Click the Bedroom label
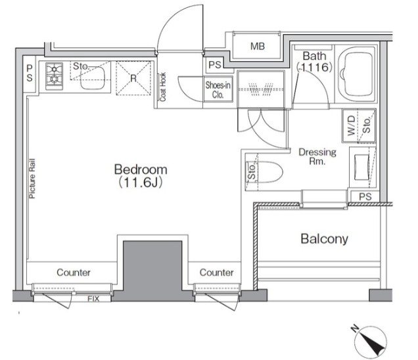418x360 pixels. (x=141, y=169)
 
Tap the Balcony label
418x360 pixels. (x=325, y=238)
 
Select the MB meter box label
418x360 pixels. (x=258, y=47)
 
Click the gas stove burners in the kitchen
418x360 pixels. (x=55, y=76)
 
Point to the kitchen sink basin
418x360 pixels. (x=92, y=78)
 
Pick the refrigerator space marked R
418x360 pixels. (x=133, y=78)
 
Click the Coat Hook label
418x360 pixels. (x=162, y=87)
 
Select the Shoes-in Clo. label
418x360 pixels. (x=218, y=90)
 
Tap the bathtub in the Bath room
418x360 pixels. (x=356, y=75)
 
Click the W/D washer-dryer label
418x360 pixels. (x=352, y=125)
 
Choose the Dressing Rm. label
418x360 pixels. (x=317, y=156)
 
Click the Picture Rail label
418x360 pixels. (x=32, y=179)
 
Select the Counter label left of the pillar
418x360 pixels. (x=74, y=273)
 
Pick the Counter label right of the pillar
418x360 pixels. (x=216, y=273)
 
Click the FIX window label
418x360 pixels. (x=93, y=299)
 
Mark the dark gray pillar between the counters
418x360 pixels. (x=152, y=269)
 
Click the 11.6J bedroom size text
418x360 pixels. (x=141, y=183)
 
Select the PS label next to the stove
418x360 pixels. (x=30, y=74)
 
